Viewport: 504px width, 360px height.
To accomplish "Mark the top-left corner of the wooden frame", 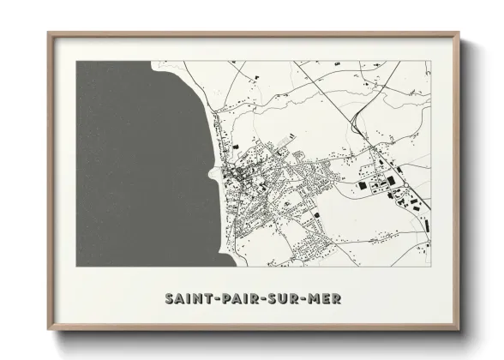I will pyautogui.click(x=48, y=33).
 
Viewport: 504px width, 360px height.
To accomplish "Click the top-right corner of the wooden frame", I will pyautogui.click(x=460, y=33).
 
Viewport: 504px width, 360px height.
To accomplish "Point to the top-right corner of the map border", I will pyautogui.click(x=430, y=61).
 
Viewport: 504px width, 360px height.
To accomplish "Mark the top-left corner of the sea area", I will pyautogui.click(x=76, y=61).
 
